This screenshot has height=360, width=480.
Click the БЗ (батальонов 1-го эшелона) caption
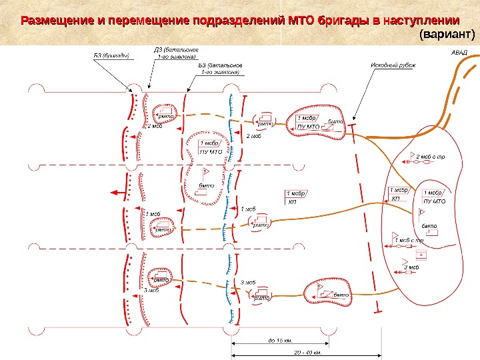(221, 69)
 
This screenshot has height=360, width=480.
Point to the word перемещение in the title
(147, 19)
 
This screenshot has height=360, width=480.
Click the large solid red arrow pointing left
(118, 193)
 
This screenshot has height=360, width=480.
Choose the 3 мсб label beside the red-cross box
(412, 267)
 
